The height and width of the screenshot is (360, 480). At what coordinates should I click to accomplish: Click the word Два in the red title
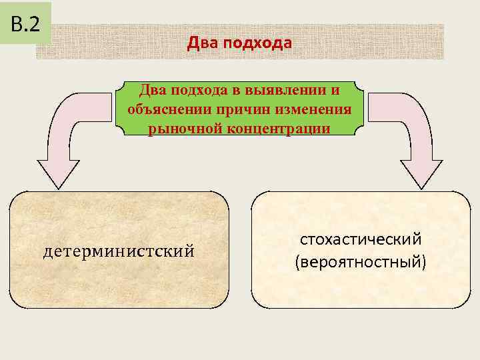[x=200, y=43]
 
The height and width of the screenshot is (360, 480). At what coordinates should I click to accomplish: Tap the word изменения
[x=313, y=109]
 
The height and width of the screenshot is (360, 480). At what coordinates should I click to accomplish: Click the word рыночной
[x=179, y=128]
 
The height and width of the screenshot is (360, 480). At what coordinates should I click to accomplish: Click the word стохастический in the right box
[x=360, y=239]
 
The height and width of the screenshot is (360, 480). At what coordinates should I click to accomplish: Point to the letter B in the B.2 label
[x=15, y=25]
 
